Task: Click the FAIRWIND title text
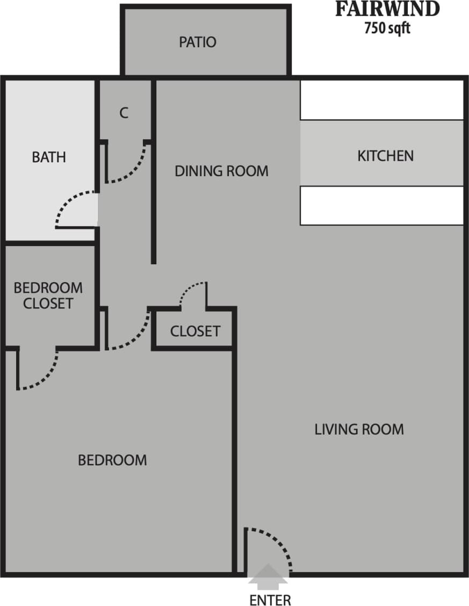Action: point(387,10)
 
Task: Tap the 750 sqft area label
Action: point(387,28)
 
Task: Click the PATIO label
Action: point(198,42)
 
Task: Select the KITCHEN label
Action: point(385,156)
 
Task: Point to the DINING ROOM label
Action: point(221,171)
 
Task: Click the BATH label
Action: point(49,157)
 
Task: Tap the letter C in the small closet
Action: point(124,113)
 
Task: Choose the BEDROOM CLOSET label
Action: point(48,295)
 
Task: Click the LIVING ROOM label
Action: point(359,429)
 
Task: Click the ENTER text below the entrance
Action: point(270,600)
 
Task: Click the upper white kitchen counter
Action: point(381,100)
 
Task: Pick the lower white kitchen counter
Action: point(381,205)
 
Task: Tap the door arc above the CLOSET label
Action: point(188,290)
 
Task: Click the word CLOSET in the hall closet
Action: point(195,331)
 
